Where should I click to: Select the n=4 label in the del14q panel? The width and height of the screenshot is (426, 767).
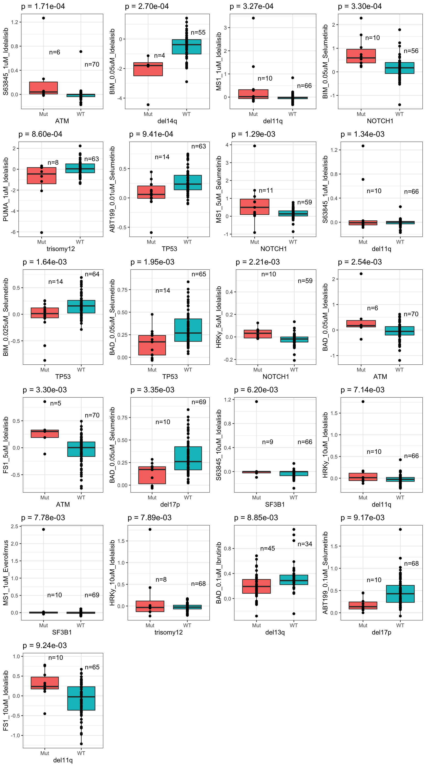pos(159,56)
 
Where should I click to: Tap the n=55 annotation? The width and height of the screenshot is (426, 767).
pos(198,32)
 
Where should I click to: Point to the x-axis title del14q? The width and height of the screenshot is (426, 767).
pos(167,121)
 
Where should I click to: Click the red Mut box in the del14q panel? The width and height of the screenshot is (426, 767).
pos(148,69)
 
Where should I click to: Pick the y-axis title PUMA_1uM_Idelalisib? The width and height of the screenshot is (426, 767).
pos(6,189)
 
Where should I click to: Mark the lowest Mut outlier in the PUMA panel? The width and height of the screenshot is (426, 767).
pos(42,233)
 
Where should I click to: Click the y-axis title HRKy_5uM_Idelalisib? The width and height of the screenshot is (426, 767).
pos(219,317)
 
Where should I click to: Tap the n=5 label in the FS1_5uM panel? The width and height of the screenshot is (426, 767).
pos(56,403)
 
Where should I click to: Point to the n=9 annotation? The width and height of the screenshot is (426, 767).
pos(268,442)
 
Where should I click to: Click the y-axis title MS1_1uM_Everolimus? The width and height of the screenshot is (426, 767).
pos(6,573)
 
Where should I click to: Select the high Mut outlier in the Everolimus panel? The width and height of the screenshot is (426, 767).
pos(43,529)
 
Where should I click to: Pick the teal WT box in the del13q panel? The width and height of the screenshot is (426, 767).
pos(294,580)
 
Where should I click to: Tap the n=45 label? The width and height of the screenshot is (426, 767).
pos(268,548)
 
